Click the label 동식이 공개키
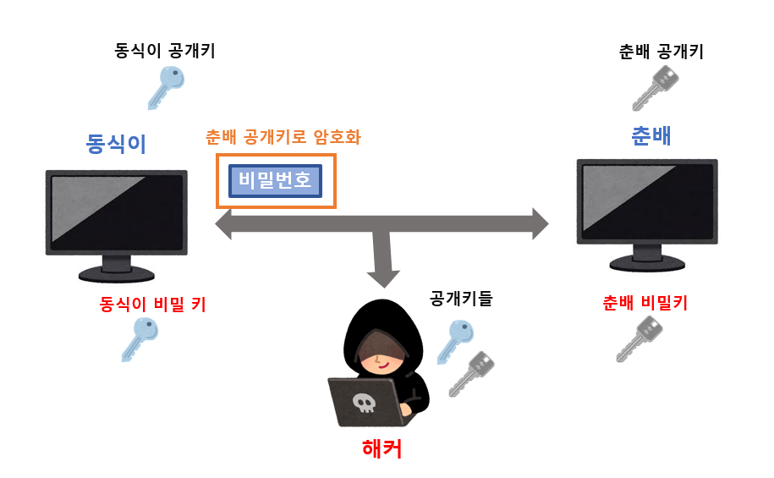165,51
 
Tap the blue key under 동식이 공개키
166,87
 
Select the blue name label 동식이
116,143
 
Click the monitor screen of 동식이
116,212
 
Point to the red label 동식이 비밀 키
153,303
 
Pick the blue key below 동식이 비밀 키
140,338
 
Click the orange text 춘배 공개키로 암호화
283,137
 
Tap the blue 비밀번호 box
276,180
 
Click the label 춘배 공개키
661,52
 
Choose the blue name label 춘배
651,136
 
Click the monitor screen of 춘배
647,200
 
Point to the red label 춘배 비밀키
645,303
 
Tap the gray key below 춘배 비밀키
639,338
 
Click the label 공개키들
461,298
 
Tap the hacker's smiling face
382,355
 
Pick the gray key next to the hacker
471,373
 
